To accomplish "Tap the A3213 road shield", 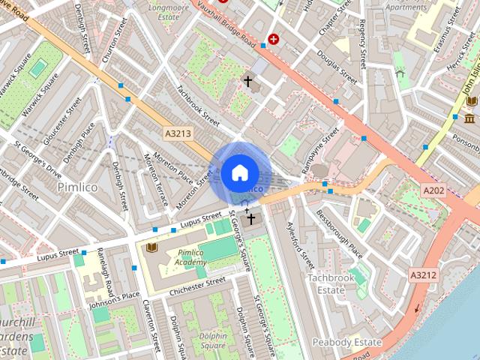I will tap(178, 133).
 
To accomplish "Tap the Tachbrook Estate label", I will tap(330, 283).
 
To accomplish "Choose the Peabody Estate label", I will tap(349, 342).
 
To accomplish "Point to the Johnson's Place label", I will tap(115, 299).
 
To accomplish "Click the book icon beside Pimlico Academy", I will tap(151, 247).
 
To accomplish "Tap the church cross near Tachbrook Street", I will tap(248, 80).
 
